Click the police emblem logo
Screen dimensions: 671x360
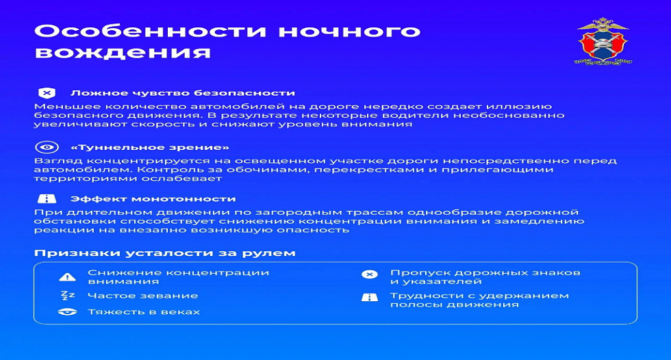pyautogui.click(x=603, y=42)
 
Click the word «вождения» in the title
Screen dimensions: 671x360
pyautogui.click(x=123, y=52)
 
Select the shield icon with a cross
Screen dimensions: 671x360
pyautogui.click(x=47, y=93)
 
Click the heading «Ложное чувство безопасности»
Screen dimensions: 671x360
pyautogui.click(x=183, y=93)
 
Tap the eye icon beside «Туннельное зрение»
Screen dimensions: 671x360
pyautogui.click(x=47, y=147)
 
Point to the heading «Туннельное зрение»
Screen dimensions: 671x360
pyautogui.click(x=150, y=148)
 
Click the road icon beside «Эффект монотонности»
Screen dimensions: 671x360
pyautogui.click(x=47, y=198)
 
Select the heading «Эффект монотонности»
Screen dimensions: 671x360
pyautogui.click(x=153, y=198)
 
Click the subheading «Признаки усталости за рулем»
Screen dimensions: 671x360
pyautogui.click(x=165, y=253)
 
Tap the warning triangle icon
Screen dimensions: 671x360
pyautogui.click(x=67, y=277)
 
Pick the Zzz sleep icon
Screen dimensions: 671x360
pyautogui.click(x=68, y=296)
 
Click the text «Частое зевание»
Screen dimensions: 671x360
pyautogui.click(x=143, y=296)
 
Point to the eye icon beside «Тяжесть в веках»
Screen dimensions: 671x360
pyautogui.click(x=67, y=312)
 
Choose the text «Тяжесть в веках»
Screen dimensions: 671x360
pyautogui.click(x=144, y=312)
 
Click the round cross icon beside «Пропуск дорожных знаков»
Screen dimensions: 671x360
pyautogui.click(x=370, y=274)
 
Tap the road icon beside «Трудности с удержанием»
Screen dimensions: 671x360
pyautogui.click(x=370, y=297)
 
